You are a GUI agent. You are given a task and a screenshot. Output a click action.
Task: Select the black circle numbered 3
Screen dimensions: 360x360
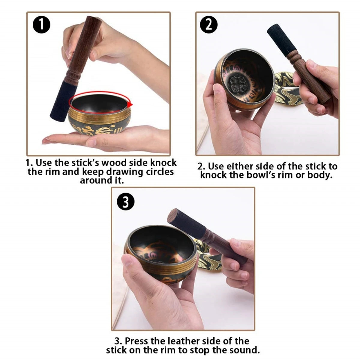click(x=125, y=202)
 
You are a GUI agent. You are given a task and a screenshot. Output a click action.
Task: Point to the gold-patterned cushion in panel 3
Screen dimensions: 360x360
click(x=207, y=255)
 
